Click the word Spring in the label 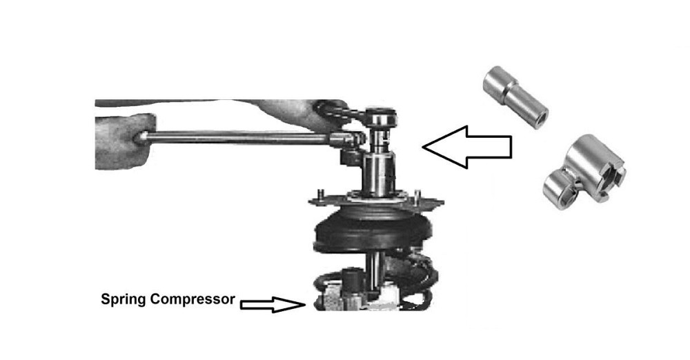[124, 300]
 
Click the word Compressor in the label [193, 299]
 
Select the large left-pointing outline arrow [467, 147]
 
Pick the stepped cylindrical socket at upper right [515, 97]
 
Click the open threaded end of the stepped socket [540, 119]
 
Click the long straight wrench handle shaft [237, 138]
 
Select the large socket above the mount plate [379, 174]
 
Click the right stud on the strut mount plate [417, 197]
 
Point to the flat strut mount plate [375, 201]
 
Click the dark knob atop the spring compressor [352, 277]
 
